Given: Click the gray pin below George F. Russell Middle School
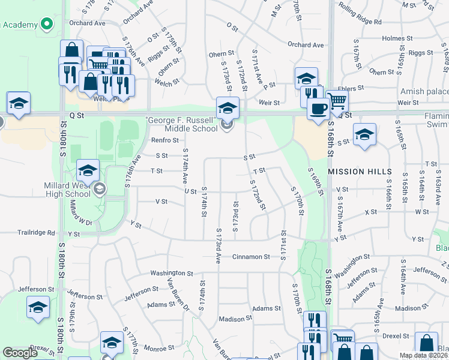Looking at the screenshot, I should (x=226, y=125).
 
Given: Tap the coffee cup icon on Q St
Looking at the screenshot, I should (x=318, y=109).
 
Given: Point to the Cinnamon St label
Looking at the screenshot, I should (x=251, y=256).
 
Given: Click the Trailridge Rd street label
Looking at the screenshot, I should (x=36, y=233).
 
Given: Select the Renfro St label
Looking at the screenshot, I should (x=165, y=140).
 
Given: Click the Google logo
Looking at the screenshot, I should (x=20, y=353).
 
